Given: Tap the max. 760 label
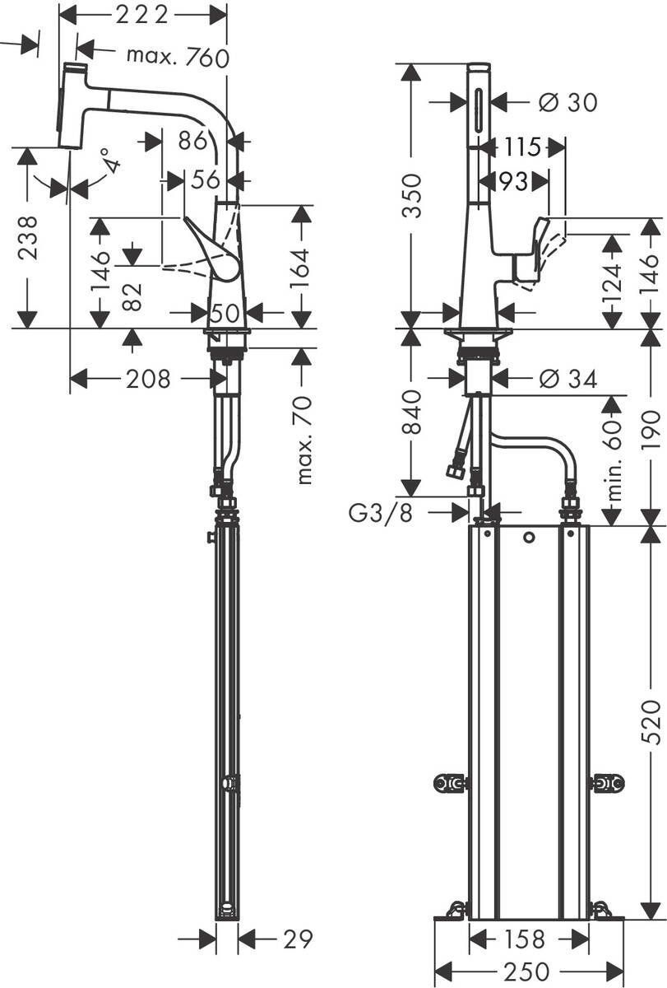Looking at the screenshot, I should pos(177,56).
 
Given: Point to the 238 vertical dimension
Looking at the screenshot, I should pos(27,238).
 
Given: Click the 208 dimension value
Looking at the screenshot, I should pos(148,379).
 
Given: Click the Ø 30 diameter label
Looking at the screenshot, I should pos(567,102).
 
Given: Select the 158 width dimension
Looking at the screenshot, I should pos(523,939).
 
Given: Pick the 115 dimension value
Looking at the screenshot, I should pos(524,147).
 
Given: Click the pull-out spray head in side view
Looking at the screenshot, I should pos(72,105).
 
